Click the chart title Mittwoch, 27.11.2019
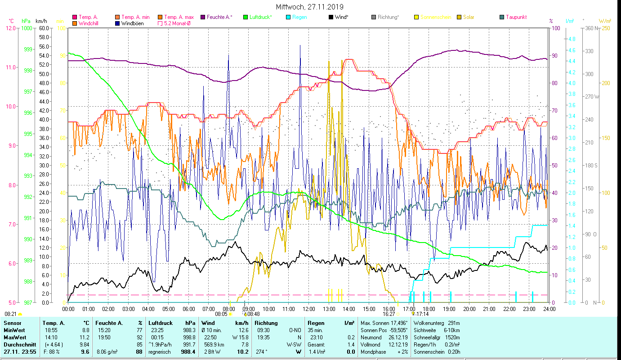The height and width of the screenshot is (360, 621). (x=310, y=7)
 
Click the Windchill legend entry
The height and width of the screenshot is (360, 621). (x=88, y=23)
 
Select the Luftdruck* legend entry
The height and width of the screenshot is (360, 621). (x=260, y=17)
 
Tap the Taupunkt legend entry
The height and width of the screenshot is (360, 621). (x=516, y=17)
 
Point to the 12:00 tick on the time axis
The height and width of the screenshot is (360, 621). (x=309, y=309)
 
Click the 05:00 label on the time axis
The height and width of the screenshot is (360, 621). (x=169, y=309)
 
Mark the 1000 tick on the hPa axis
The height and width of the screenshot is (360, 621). (x=27, y=28)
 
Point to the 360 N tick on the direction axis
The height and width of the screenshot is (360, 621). (x=591, y=28)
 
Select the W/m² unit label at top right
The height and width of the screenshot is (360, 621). (x=605, y=21)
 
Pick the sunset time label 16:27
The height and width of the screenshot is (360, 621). (x=389, y=314)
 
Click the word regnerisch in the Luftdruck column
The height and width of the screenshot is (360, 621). (x=160, y=351)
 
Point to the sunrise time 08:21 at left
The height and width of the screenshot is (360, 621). (x=11, y=314)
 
